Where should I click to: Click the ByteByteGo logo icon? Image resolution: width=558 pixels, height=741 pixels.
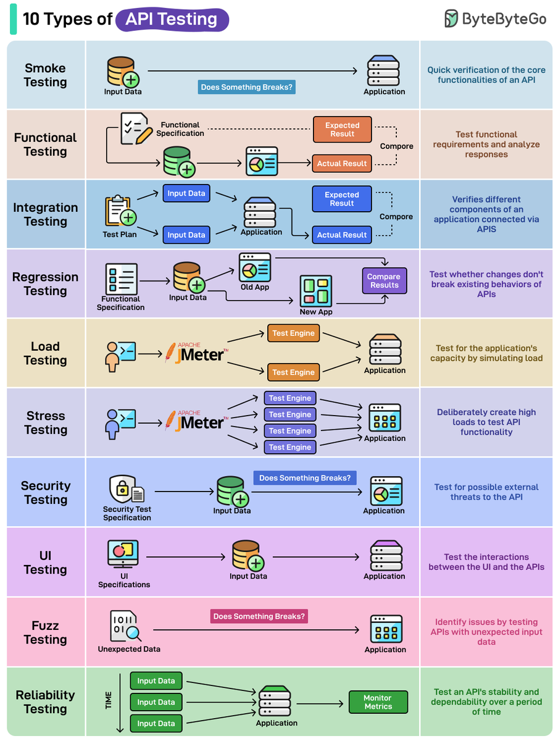click(x=452, y=19)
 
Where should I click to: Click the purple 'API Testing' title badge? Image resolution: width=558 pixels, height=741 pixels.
click(x=172, y=20)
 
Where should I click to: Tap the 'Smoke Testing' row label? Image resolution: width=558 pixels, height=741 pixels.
click(x=45, y=75)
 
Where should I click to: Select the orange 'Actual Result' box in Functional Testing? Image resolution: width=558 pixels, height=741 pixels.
click(x=342, y=164)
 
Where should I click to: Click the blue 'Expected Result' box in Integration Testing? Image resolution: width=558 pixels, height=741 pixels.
click(x=342, y=199)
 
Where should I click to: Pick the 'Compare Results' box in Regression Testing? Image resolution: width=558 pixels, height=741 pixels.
click(x=384, y=281)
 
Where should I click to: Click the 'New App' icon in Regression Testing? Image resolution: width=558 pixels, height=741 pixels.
click(x=316, y=291)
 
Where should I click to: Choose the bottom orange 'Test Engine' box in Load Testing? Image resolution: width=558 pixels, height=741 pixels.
click(x=294, y=372)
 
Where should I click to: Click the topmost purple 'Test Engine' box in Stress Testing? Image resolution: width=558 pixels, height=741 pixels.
click(x=290, y=398)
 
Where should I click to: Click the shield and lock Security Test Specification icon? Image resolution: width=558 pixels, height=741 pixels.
click(x=126, y=490)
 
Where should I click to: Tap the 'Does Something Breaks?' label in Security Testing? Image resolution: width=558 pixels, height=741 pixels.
click(x=305, y=478)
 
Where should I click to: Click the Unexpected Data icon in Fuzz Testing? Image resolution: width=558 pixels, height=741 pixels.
click(x=125, y=626)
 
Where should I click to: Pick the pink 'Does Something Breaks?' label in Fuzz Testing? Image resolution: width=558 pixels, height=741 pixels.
click(x=259, y=616)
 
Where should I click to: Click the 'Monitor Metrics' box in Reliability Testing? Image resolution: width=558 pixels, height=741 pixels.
click(x=378, y=702)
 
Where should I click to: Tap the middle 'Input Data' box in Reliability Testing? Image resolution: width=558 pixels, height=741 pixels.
click(x=156, y=702)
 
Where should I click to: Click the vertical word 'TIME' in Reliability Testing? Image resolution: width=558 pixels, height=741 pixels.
click(x=109, y=700)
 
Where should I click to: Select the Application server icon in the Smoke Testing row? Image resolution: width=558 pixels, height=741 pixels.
click(x=383, y=71)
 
